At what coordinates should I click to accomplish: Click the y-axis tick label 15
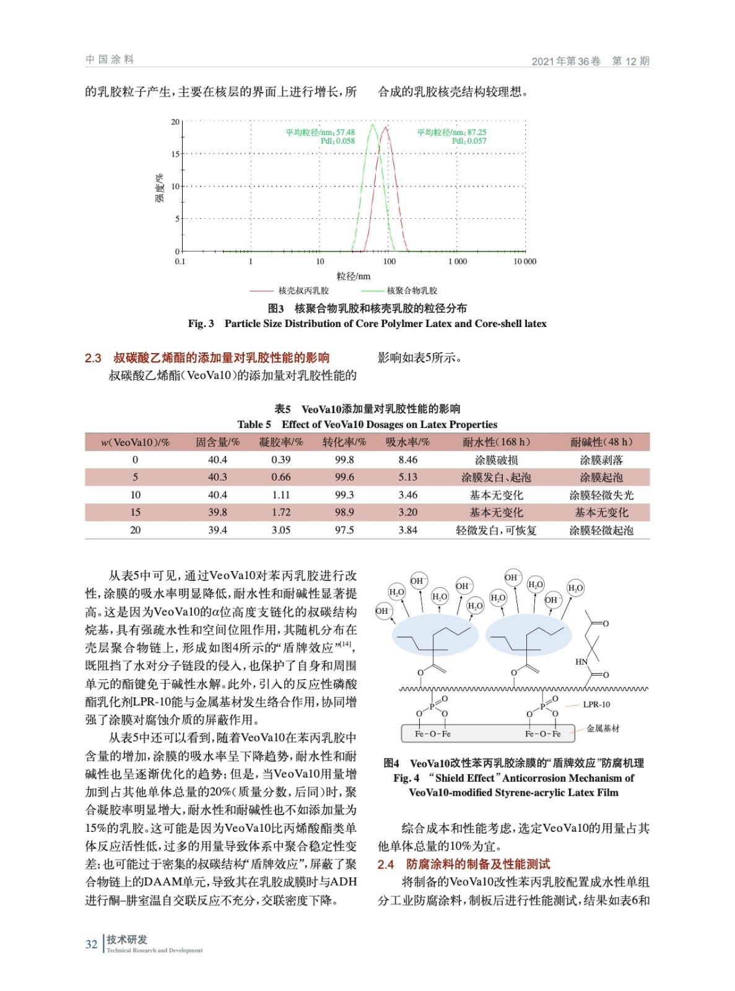click(x=175, y=154)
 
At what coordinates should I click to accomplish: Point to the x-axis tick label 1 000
click(x=458, y=262)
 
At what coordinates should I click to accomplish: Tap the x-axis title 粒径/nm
click(x=353, y=276)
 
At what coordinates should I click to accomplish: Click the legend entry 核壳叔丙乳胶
click(x=303, y=290)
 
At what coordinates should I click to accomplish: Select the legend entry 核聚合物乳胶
click(x=412, y=290)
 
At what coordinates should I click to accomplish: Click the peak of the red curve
click(x=386, y=128)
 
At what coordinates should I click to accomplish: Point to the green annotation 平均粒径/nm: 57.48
click(x=320, y=132)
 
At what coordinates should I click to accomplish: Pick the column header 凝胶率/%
click(x=281, y=442)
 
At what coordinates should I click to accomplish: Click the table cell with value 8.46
click(x=408, y=460)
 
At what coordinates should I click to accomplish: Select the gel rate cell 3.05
click(x=281, y=530)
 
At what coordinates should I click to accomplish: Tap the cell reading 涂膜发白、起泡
click(x=496, y=478)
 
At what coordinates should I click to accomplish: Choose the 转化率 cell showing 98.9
click(x=344, y=512)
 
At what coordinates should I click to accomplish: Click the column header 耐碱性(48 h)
click(x=601, y=442)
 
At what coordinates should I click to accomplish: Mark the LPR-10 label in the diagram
click(x=596, y=704)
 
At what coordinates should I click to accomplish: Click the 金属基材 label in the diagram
click(x=602, y=728)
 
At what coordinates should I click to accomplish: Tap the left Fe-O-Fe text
click(x=433, y=734)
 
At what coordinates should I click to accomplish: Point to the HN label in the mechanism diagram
click(x=581, y=661)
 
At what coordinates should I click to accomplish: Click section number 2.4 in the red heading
click(x=386, y=864)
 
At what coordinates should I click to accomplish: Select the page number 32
click(x=92, y=944)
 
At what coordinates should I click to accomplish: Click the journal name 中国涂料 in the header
click(x=110, y=59)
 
